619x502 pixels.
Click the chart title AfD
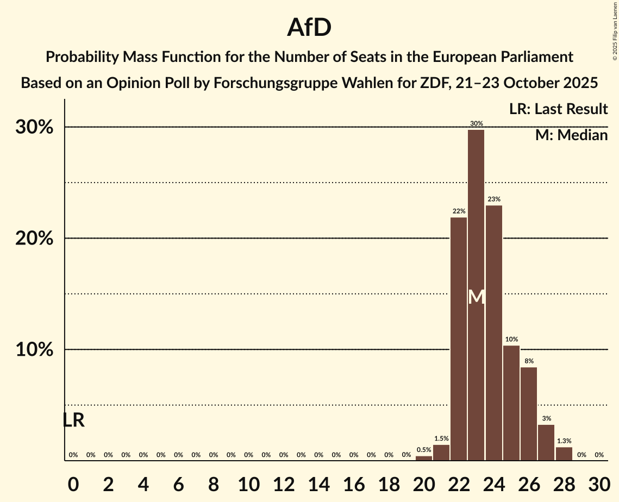pos(309,27)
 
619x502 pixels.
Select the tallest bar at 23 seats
pos(476,293)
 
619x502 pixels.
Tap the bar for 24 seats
pos(493,332)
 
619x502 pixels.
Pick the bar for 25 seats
pos(511,403)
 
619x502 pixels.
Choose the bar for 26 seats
pos(529,413)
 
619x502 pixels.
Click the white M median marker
pos(476,297)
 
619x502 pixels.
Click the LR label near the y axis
pos(73,420)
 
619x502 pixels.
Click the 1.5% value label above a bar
pos(441,438)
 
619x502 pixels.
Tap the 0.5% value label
pos(424,449)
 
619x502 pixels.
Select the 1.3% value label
pos(564,441)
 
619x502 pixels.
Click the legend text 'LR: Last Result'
pos(558,109)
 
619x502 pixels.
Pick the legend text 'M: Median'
pos(571,135)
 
